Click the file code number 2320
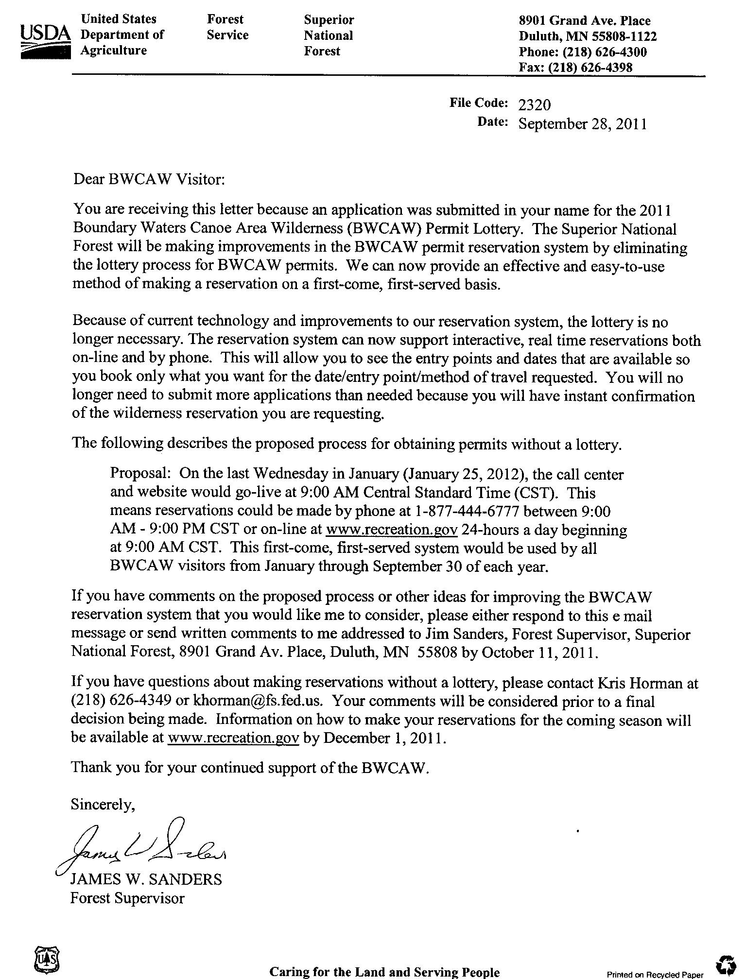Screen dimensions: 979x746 pyautogui.click(x=535, y=105)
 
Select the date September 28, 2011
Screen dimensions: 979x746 pyautogui.click(x=582, y=124)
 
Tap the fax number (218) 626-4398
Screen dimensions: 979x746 pyautogui.click(x=590, y=68)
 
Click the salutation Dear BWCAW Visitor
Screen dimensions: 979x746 pyautogui.click(x=149, y=180)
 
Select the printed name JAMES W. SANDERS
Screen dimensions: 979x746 pyautogui.click(x=146, y=879)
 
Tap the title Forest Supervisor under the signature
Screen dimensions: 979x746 pyautogui.click(x=127, y=898)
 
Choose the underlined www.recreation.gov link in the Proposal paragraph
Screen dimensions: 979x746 pyautogui.click(x=392, y=530)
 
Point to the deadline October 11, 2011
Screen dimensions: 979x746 pyautogui.click(x=538, y=652)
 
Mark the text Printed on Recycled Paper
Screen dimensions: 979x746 pyautogui.click(x=655, y=974)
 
